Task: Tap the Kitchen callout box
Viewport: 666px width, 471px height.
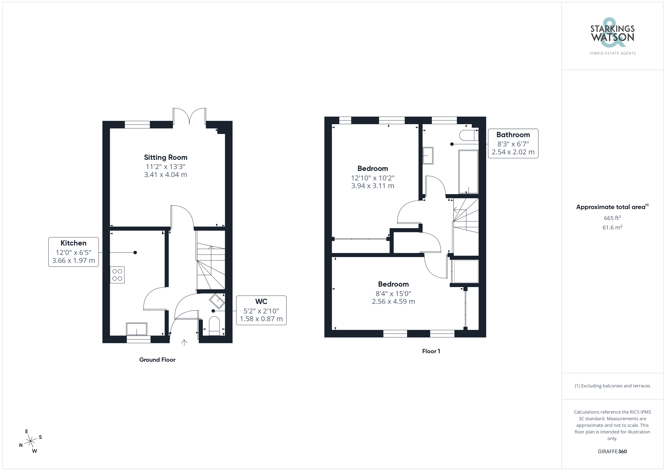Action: tap(73, 252)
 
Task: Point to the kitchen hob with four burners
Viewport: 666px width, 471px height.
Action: tap(117, 275)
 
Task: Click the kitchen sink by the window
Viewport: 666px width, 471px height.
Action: tap(137, 329)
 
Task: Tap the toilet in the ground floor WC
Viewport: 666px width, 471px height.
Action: tap(214, 326)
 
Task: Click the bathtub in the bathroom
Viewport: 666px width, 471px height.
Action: tap(468, 172)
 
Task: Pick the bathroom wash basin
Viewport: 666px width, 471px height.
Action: tap(428, 156)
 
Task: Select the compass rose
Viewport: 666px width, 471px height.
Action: tap(30, 441)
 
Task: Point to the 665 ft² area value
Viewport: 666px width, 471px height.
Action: tap(612, 218)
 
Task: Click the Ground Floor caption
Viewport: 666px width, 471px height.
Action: tap(157, 360)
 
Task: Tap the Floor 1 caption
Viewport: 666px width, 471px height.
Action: tap(431, 351)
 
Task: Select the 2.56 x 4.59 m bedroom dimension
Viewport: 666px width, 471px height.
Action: tap(393, 301)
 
